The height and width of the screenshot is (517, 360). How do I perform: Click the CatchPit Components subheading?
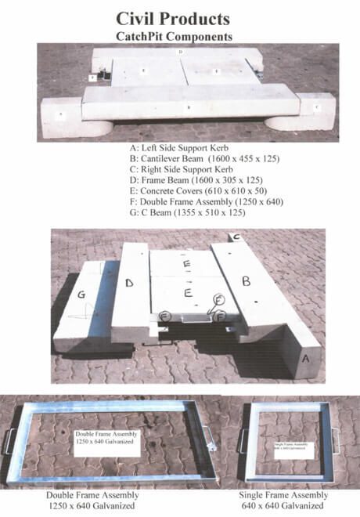pyautogui.click(x=179, y=36)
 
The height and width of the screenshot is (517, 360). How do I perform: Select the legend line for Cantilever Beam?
pyautogui.click(x=205, y=158)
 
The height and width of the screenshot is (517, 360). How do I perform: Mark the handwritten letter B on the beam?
pyautogui.click(x=246, y=279)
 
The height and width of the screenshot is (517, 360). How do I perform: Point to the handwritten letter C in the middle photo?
pyautogui.click(x=234, y=236)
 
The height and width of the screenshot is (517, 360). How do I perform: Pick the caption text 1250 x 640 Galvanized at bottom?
pyautogui.click(x=94, y=507)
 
